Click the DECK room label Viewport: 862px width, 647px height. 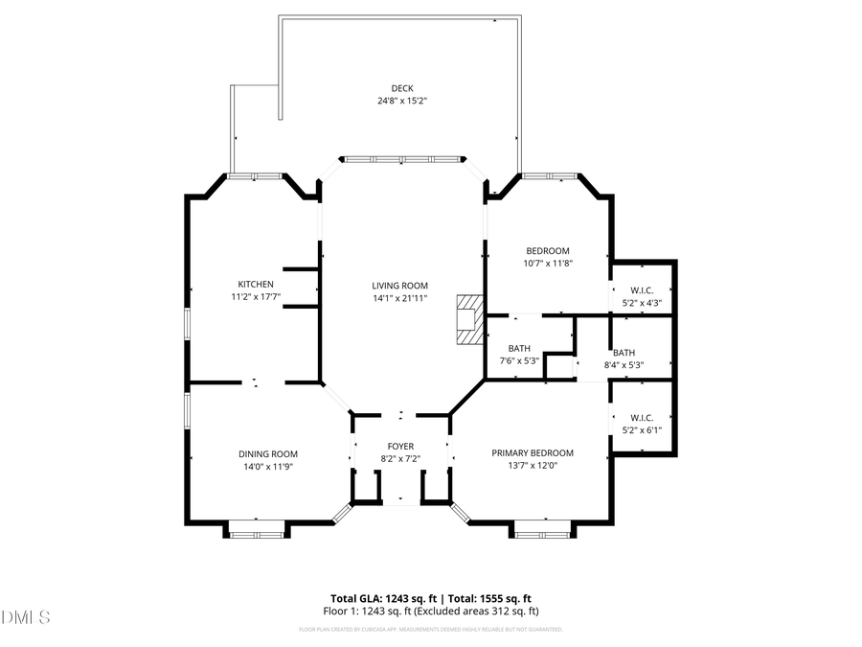(x=401, y=88)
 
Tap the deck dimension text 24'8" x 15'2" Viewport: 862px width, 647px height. (x=401, y=100)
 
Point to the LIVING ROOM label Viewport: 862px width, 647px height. (x=400, y=286)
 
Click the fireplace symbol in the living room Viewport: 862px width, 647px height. (x=468, y=318)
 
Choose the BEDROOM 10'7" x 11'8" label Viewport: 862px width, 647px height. (x=548, y=251)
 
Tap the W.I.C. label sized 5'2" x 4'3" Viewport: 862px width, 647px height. (x=642, y=291)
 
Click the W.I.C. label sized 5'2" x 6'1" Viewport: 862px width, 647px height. (x=642, y=418)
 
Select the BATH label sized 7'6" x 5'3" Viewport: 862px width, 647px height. (x=520, y=349)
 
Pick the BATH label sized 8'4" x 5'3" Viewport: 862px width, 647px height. (x=624, y=353)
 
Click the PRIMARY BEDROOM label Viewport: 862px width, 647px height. (x=533, y=453)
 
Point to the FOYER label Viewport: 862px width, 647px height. (x=400, y=447)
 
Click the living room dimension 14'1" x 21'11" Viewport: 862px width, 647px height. (x=400, y=297)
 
